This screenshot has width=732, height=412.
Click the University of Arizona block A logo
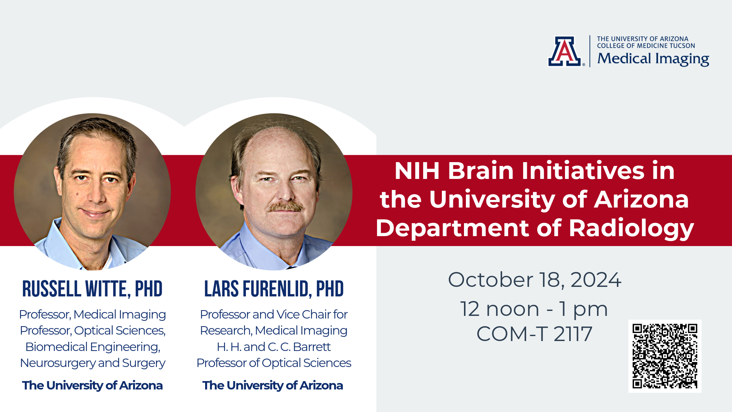click(x=565, y=51)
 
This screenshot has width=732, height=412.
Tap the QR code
click(x=665, y=356)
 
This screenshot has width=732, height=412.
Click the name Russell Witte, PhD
click(x=92, y=289)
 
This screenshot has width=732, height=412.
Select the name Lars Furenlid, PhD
click(x=274, y=289)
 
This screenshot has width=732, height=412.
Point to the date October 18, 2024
click(x=535, y=280)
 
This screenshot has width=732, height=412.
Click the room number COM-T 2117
click(x=535, y=334)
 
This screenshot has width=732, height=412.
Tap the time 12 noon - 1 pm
click(x=534, y=309)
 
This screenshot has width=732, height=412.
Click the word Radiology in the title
click(x=631, y=228)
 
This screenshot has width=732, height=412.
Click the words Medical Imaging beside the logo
click(x=653, y=59)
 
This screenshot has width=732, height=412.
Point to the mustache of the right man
click(x=285, y=206)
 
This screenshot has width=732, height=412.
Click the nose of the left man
click(x=96, y=195)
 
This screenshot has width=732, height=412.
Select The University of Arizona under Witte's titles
click(x=92, y=385)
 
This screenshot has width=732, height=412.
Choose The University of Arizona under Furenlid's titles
click(x=273, y=385)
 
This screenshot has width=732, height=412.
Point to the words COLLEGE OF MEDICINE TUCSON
click(x=646, y=46)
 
